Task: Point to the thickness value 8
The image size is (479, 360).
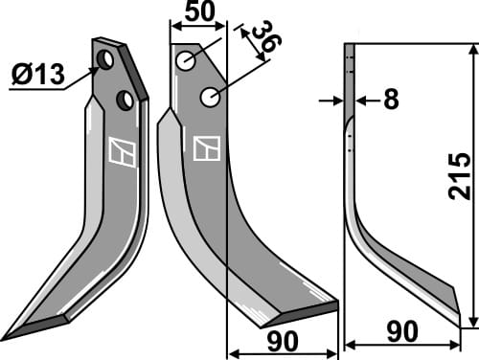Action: coord(390,100)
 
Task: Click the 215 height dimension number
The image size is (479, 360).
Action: coord(459,175)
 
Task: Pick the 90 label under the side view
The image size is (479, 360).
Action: coord(401,332)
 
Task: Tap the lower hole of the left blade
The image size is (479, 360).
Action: coord(125,100)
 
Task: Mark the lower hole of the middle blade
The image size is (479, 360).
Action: coord(210,97)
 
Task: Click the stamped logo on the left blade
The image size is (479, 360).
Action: coord(122,152)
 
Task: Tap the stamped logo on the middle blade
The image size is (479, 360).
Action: coord(206,147)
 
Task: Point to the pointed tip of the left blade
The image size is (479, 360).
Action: coord(8,337)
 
